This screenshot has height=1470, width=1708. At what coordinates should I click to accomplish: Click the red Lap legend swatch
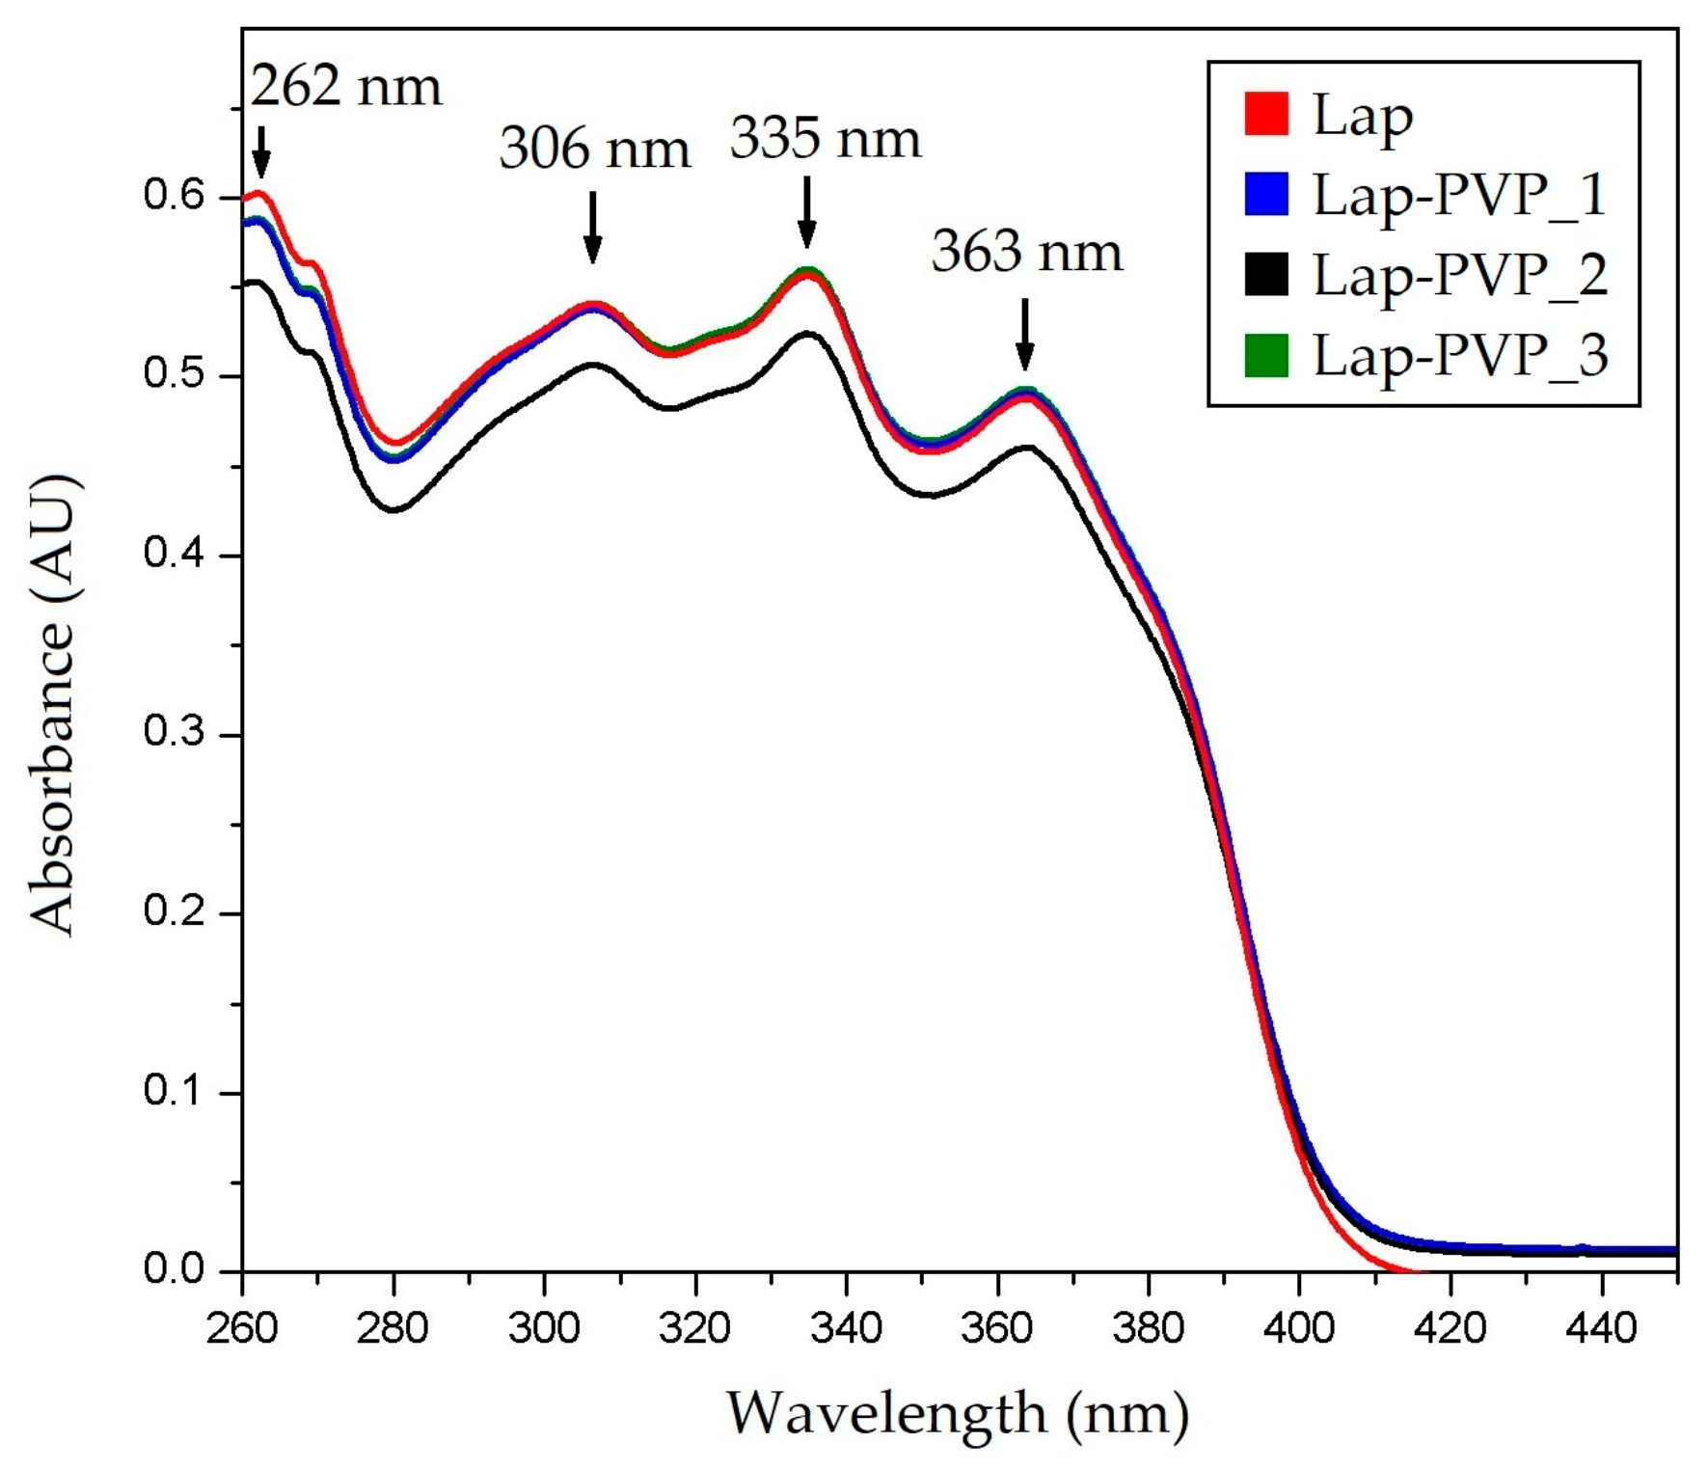pyautogui.click(x=1265, y=114)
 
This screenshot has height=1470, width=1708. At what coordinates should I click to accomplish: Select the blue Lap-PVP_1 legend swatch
pyautogui.click(x=1265, y=194)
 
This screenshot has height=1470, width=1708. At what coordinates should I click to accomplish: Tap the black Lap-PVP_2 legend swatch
pyautogui.click(x=1265, y=275)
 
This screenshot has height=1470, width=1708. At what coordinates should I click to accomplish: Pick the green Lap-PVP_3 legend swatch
pyautogui.click(x=1265, y=355)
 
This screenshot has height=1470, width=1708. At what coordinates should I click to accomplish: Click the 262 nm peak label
pyautogui.click(x=346, y=87)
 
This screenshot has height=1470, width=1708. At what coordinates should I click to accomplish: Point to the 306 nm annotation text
pyautogui.click(x=594, y=150)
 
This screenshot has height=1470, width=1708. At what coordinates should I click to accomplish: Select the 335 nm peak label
pyautogui.click(x=825, y=139)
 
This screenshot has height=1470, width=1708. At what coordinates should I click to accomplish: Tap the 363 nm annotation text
pyautogui.click(x=1026, y=253)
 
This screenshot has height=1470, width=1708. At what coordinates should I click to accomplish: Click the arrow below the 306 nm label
pyautogui.click(x=592, y=228)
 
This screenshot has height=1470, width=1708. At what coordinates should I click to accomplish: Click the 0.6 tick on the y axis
pyautogui.click(x=174, y=196)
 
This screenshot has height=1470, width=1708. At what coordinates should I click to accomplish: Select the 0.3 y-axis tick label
pyautogui.click(x=174, y=733)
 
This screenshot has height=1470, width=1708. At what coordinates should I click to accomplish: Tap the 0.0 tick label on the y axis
pyautogui.click(x=174, y=1269)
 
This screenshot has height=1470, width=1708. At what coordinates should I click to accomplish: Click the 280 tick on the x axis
pyautogui.click(x=393, y=1329)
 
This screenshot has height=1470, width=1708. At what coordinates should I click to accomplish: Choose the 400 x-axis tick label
pyautogui.click(x=1299, y=1329)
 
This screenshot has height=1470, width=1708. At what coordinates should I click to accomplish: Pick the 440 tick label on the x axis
pyautogui.click(x=1601, y=1329)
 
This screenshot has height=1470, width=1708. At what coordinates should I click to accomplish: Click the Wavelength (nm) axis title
pyautogui.click(x=957, y=1414)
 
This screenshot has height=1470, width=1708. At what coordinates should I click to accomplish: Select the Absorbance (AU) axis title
pyautogui.click(x=54, y=704)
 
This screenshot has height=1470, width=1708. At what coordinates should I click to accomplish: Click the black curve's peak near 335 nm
pyautogui.click(x=807, y=333)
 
